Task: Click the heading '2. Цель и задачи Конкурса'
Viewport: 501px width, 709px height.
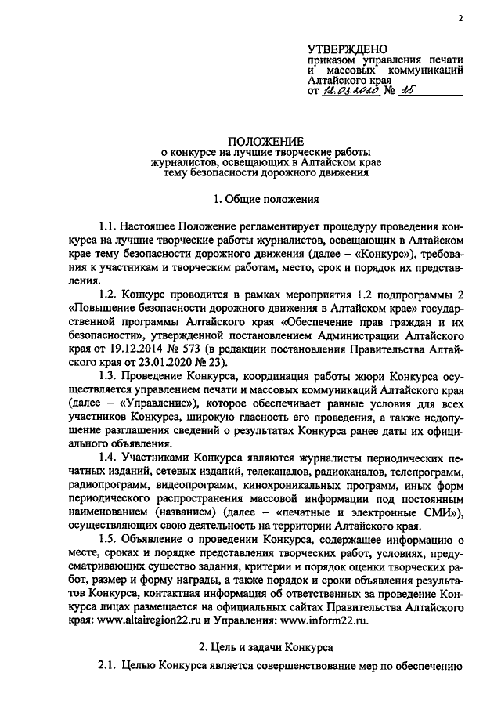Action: tap(266, 646)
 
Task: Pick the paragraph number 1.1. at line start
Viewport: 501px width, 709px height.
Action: tap(110, 226)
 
